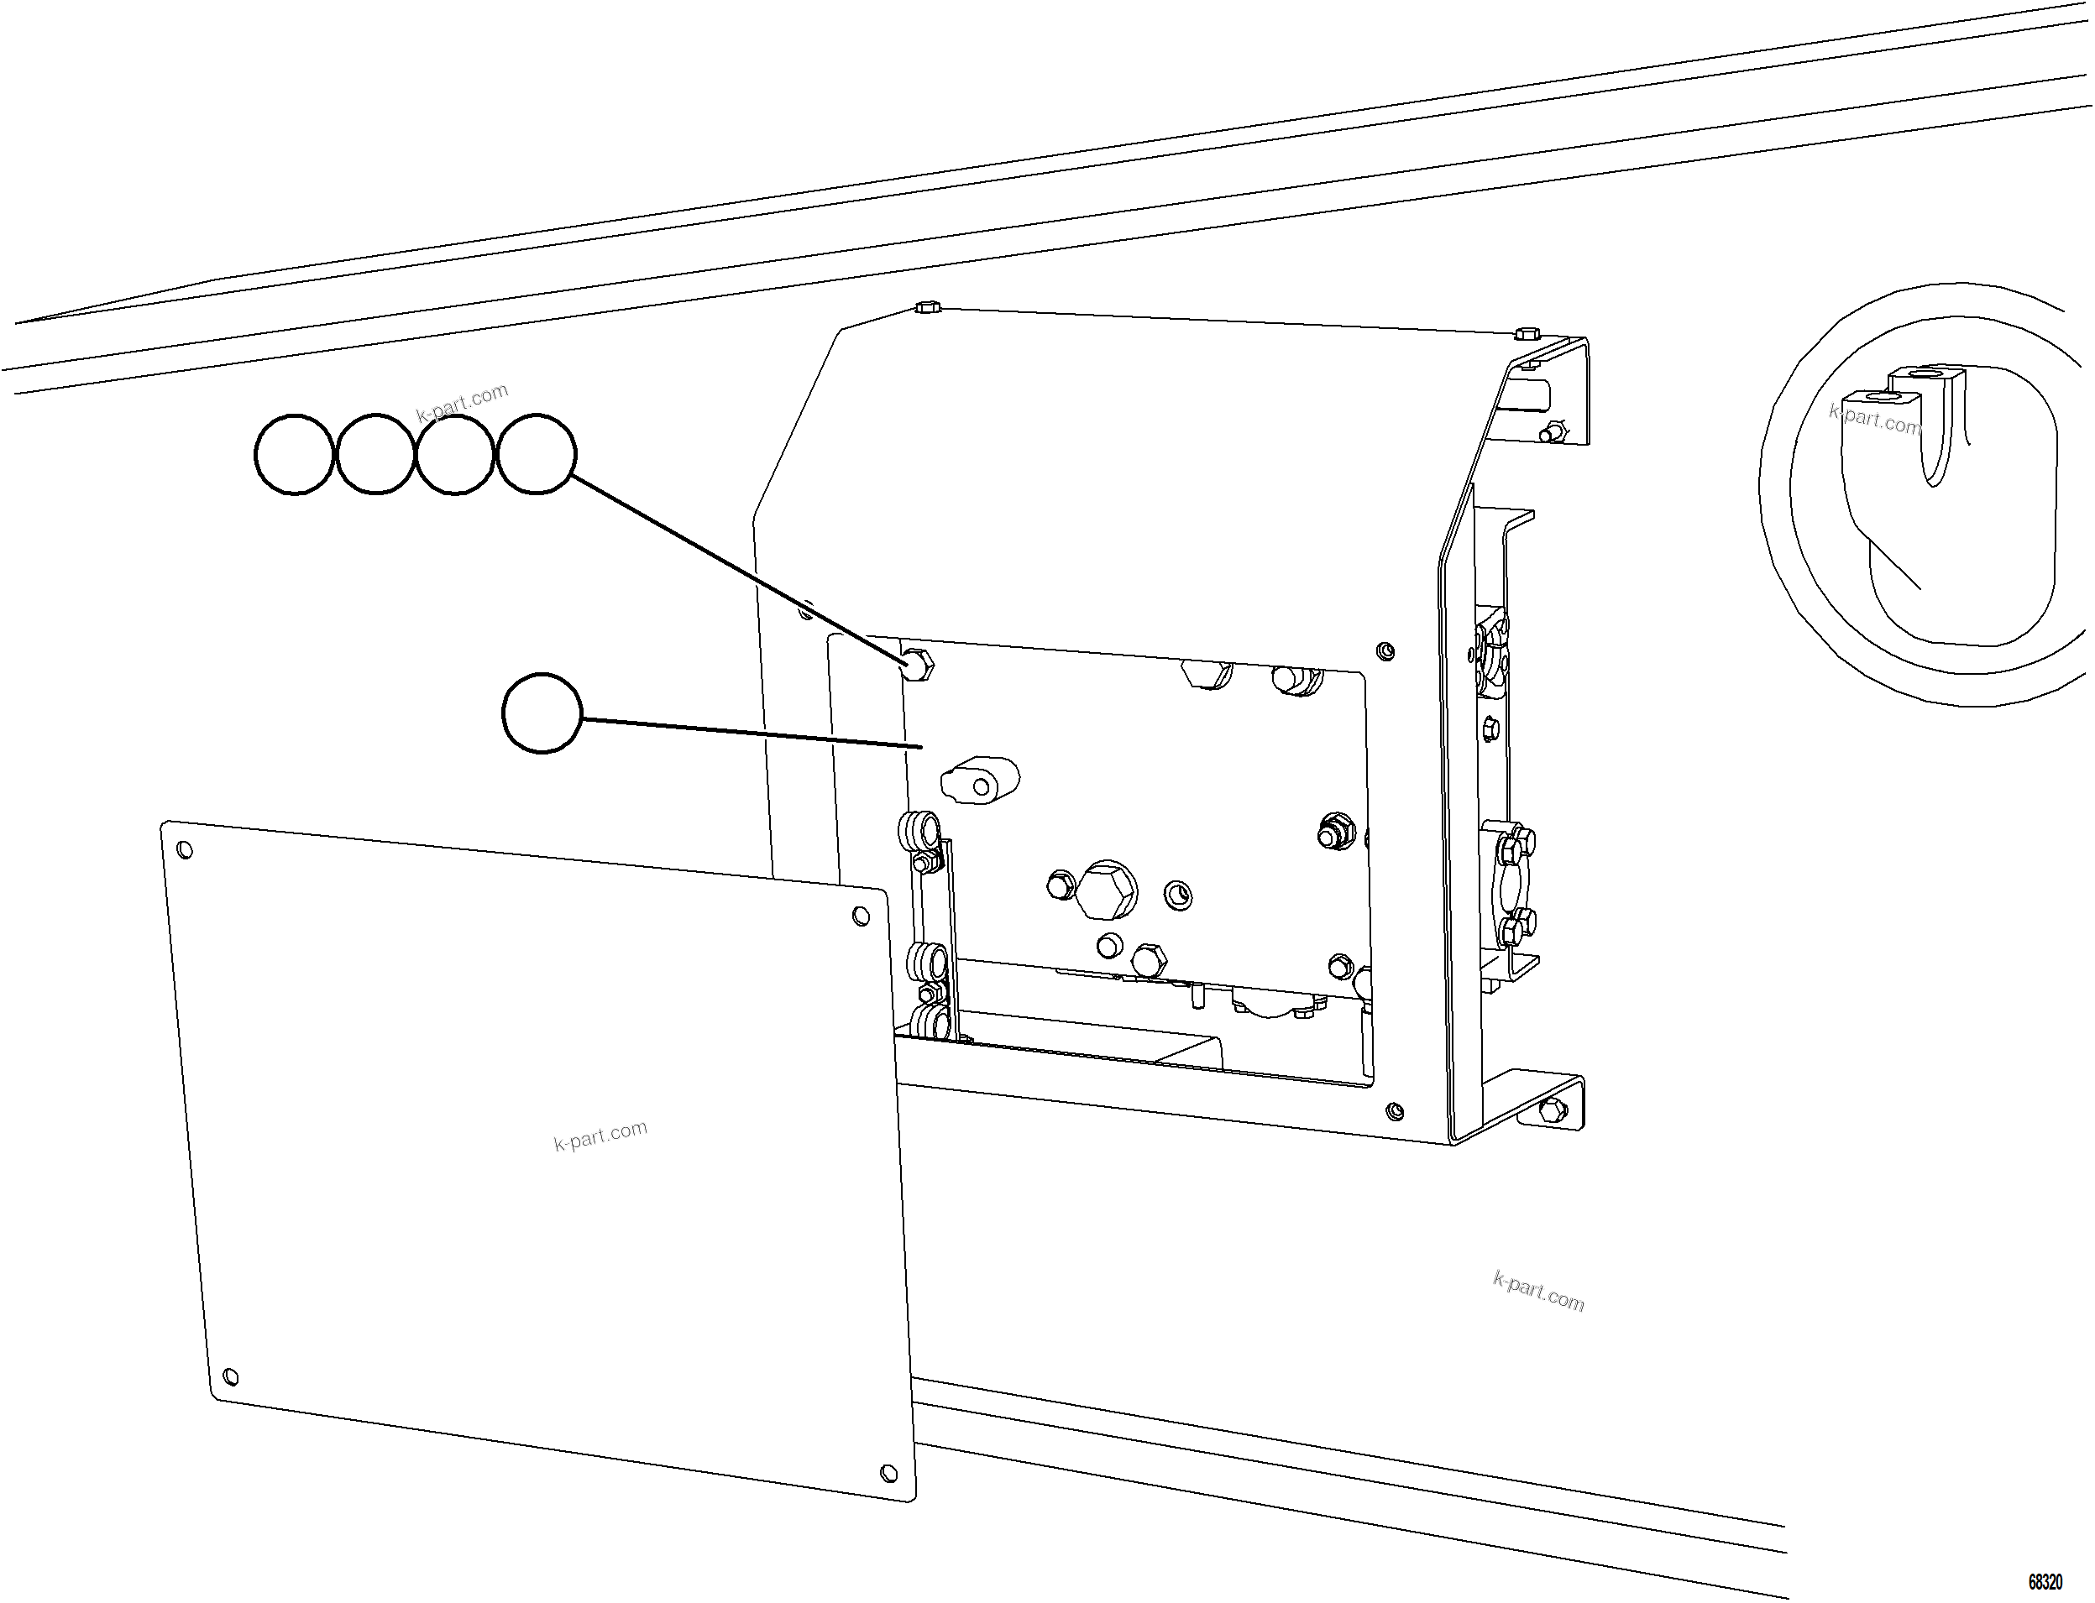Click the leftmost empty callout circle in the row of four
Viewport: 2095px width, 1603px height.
tap(294, 454)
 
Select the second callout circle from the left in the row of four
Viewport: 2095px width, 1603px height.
tap(375, 454)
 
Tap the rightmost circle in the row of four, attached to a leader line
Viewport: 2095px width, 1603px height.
tap(537, 454)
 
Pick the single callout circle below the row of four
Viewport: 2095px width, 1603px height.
tap(541, 713)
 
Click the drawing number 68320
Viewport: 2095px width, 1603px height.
tap(2045, 1582)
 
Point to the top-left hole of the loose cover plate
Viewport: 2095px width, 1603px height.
tap(186, 850)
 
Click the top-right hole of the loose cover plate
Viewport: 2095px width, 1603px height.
tap(860, 916)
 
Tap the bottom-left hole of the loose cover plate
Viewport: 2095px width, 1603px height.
tap(229, 1378)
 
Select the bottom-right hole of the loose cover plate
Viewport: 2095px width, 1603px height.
tap(888, 1472)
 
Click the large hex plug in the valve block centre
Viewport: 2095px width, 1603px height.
tap(1106, 890)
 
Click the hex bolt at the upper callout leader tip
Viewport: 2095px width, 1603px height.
tap(917, 663)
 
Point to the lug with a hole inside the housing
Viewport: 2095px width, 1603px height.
tap(982, 781)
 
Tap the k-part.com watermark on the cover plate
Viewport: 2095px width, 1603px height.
tap(600, 1136)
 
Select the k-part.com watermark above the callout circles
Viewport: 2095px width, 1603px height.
tap(462, 403)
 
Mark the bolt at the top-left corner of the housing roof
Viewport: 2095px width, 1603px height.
tap(927, 307)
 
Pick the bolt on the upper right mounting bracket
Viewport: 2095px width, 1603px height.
tap(1550, 433)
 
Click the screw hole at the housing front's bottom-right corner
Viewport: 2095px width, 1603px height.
tap(1394, 1110)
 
